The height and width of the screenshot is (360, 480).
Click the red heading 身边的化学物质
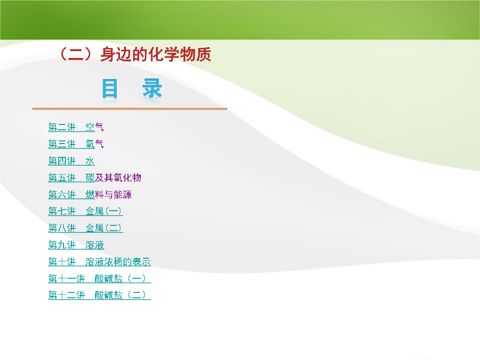click(156, 55)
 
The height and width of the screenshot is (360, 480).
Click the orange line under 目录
click(130, 108)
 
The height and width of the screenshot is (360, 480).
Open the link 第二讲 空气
click(76, 127)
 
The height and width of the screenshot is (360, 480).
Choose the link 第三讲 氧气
click(76, 144)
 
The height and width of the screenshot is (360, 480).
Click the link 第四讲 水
click(72, 161)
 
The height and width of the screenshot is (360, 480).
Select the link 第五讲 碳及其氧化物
click(95, 177)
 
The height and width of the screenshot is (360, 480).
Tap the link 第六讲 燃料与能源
click(90, 194)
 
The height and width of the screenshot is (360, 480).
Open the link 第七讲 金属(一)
click(86, 211)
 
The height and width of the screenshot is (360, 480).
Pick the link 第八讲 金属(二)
click(86, 228)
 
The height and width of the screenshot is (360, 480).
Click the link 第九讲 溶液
click(76, 245)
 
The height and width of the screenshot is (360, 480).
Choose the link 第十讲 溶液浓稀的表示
click(100, 262)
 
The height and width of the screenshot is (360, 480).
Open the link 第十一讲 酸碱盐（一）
click(100, 279)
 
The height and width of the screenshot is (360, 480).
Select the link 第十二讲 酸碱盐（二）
click(100, 296)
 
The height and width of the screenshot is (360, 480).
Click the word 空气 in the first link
click(95, 127)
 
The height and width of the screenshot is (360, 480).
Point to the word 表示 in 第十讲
click(142, 262)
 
